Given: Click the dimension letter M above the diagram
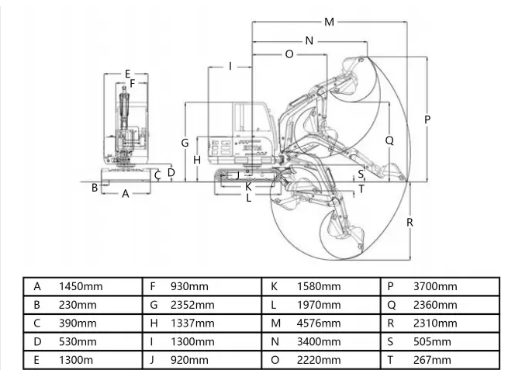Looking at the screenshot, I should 330,22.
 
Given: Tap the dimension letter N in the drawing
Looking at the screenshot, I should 309,40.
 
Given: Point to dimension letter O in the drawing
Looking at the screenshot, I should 289,54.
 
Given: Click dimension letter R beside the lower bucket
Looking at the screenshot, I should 410,222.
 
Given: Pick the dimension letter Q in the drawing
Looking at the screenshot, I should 389,140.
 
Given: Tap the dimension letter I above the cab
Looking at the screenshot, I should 230,66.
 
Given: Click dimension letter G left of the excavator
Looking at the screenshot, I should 185,143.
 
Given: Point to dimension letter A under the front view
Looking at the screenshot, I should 126,195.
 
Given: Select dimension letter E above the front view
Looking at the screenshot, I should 127,74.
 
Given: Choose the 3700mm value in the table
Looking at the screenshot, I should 435,286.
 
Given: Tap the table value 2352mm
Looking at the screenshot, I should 192,305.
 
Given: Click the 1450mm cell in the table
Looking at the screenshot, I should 81,286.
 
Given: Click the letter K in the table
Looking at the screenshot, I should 275,286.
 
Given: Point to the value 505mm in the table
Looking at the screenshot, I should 432,341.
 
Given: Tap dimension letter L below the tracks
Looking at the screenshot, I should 248,197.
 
